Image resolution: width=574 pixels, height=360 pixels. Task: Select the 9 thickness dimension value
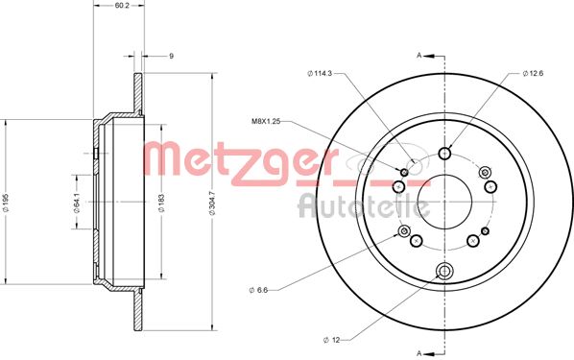pos(171,56)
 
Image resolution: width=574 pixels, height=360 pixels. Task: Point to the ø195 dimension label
pos(5,203)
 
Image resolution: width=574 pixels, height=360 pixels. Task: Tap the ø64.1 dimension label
pos(77,203)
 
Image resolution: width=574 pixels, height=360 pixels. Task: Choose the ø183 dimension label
pos(161,203)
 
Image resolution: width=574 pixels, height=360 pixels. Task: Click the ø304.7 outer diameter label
pos(211,203)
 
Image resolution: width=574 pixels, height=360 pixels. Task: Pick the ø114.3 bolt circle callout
pos(320,73)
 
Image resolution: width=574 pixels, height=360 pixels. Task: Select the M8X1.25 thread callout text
pos(266,122)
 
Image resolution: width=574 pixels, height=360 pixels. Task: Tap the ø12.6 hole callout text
pos(533,73)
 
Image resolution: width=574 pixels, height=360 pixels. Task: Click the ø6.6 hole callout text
pos(258,290)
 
